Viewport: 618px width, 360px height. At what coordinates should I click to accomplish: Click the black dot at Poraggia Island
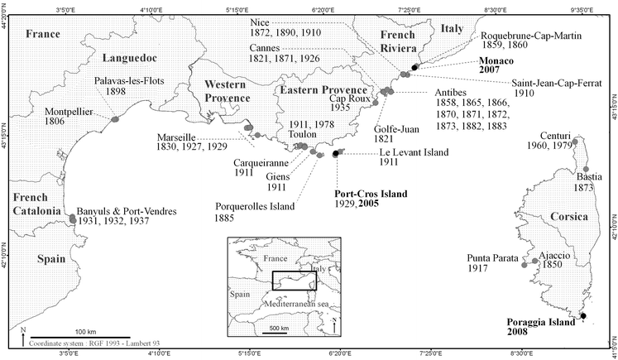click(582, 316)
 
